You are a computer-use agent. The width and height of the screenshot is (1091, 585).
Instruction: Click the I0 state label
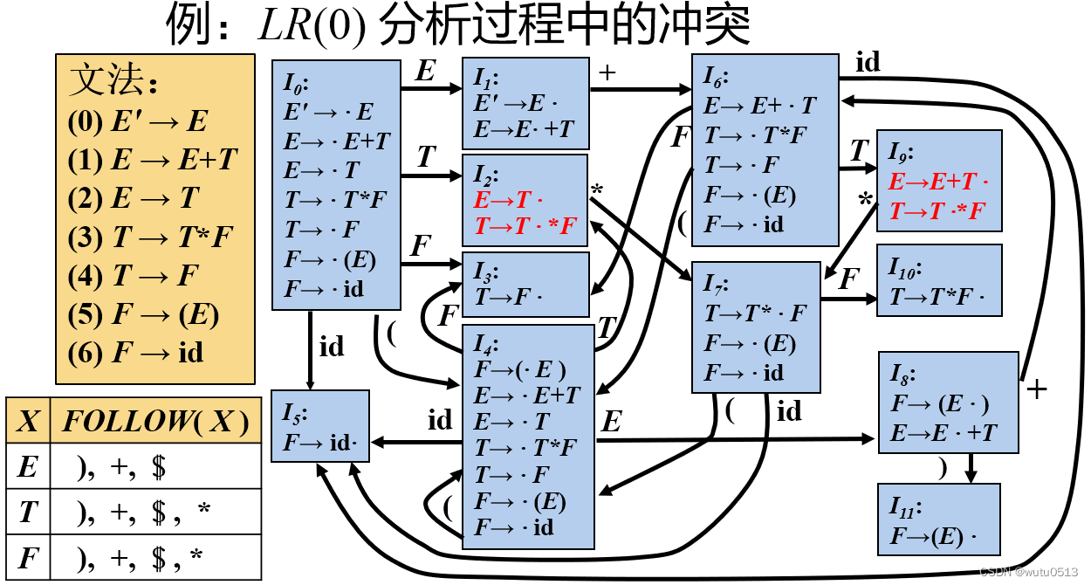296,84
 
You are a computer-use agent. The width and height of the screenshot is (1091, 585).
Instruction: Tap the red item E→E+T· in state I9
938,182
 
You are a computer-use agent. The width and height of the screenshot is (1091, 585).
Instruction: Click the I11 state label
907,506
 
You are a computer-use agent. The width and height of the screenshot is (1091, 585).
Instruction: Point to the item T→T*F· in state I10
937,297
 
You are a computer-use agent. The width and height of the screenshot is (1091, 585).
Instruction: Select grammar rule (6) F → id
135,352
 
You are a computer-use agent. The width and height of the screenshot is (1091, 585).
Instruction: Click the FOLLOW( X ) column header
155,422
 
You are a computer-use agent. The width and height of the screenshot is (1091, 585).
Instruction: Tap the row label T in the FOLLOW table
28,512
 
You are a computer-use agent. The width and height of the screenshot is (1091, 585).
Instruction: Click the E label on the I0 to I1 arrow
425,72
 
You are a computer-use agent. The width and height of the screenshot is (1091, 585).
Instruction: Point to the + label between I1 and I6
607,73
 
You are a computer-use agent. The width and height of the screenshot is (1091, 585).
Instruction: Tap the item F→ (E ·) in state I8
939,403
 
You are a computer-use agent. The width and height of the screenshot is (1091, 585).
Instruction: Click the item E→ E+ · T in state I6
759,106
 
